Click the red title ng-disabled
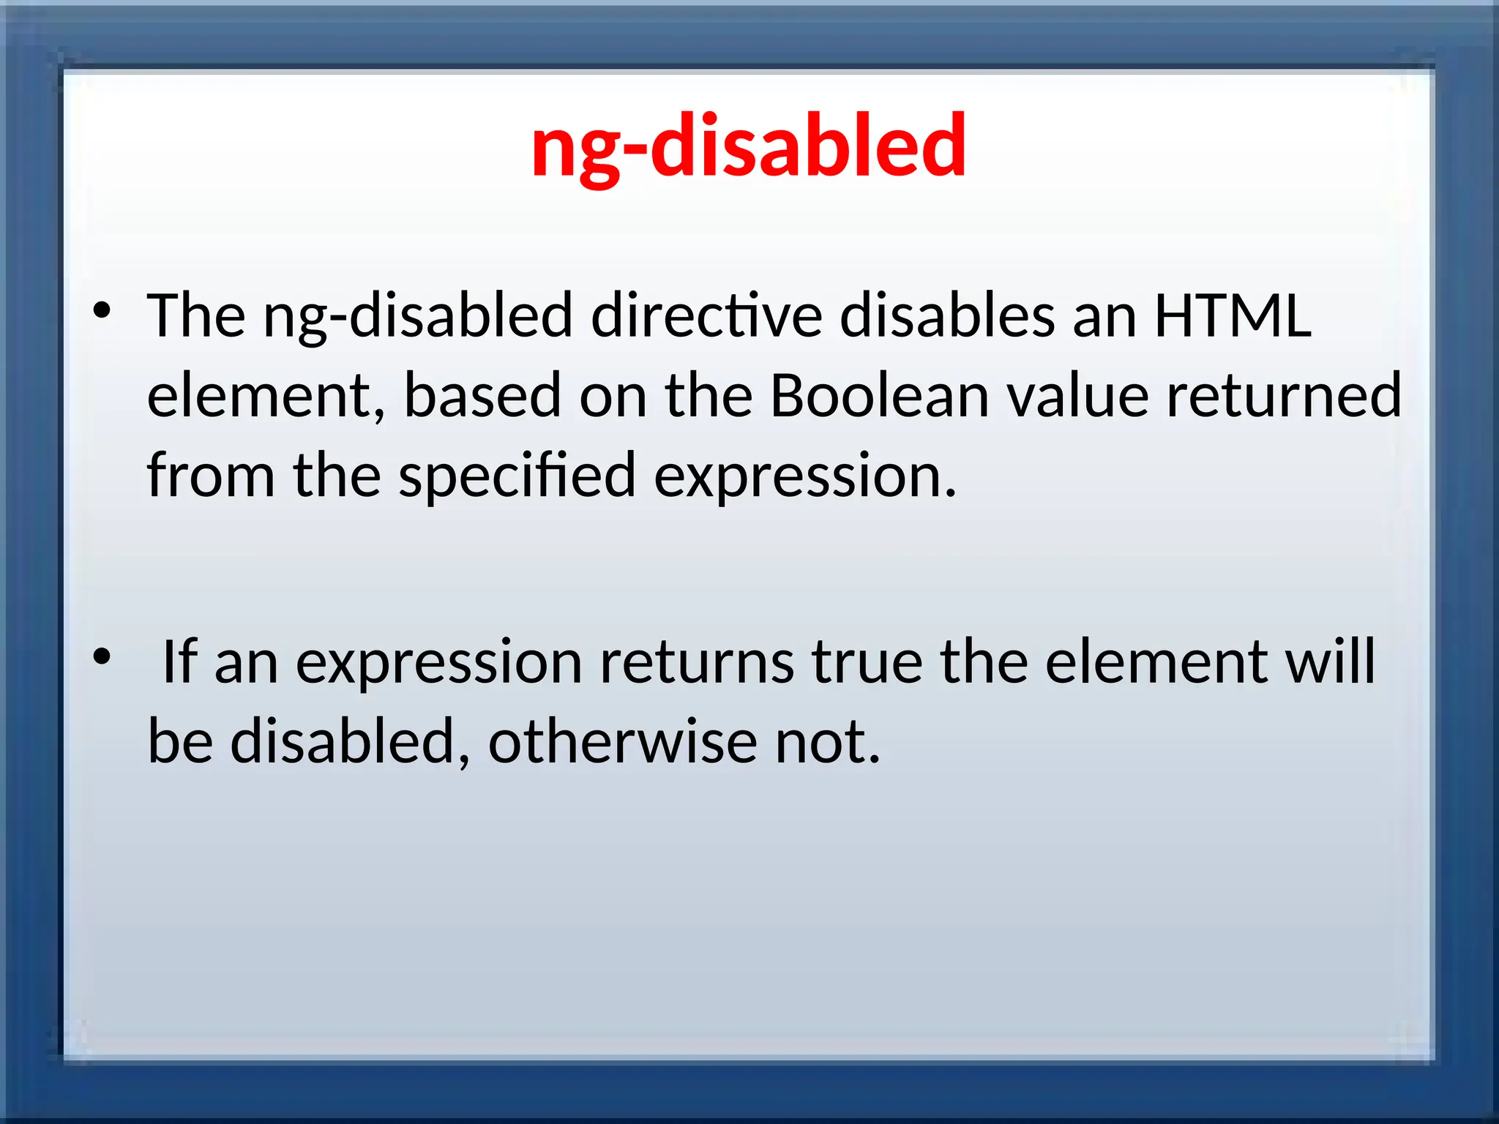(x=748, y=146)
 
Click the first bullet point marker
(x=102, y=311)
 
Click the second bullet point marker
(x=102, y=656)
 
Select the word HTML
(x=1233, y=315)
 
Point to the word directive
(x=706, y=315)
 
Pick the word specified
(x=517, y=476)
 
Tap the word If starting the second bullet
(x=179, y=662)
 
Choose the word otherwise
(x=623, y=741)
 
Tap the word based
(x=482, y=396)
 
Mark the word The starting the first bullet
(x=196, y=315)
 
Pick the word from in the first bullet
(x=211, y=476)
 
